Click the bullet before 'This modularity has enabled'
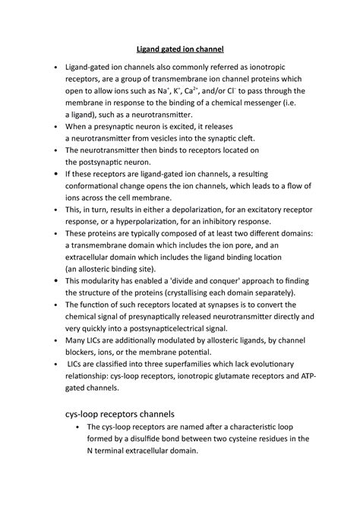coord(57,281)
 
